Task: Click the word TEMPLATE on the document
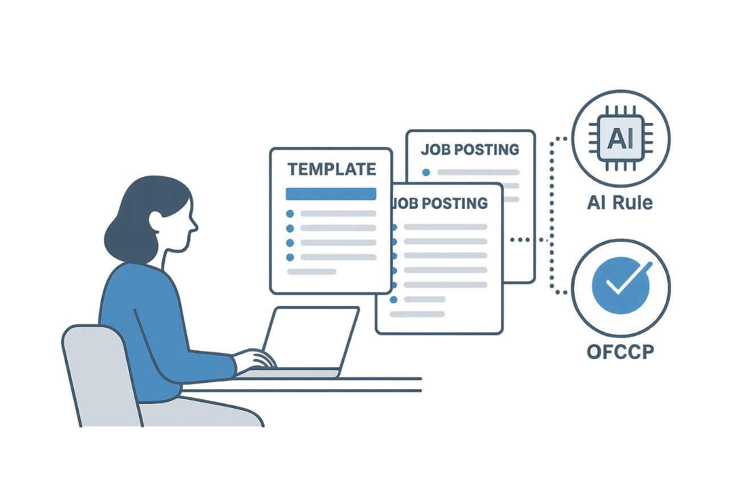pyautogui.click(x=331, y=170)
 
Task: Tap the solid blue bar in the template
pyautogui.click(x=331, y=194)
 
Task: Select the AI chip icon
pyautogui.click(x=621, y=138)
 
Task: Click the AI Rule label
pyautogui.click(x=620, y=203)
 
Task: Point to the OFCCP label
pyautogui.click(x=621, y=352)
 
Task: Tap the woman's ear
pyautogui.click(x=156, y=221)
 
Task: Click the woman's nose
pyautogui.click(x=194, y=226)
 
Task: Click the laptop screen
pyautogui.click(x=311, y=337)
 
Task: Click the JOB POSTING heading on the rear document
pyautogui.click(x=470, y=150)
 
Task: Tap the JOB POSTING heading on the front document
pyautogui.click(x=440, y=203)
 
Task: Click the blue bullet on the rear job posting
pyautogui.click(x=426, y=172)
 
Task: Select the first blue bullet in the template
pyautogui.click(x=290, y=213)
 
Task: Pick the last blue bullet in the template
pyautogui.click(x=290, y=257)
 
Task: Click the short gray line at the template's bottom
pyautogui.click(x=311, y=272)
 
